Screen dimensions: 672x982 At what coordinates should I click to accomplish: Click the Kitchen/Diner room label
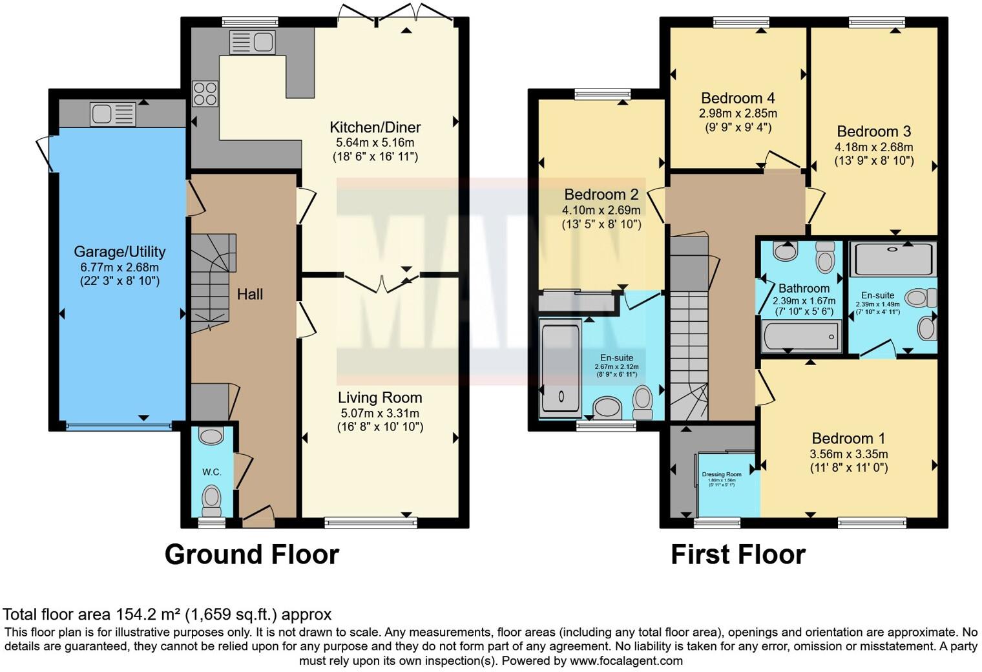pos(375,127)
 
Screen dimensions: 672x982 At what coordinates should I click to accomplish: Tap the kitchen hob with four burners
pos(205,94)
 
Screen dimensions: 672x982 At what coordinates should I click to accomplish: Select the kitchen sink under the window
pos(252,42)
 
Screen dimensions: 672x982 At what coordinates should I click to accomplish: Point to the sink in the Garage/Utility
pos(114,114)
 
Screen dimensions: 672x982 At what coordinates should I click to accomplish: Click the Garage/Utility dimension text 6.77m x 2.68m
pos(120,267)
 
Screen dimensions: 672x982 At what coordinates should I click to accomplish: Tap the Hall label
pos(249,295)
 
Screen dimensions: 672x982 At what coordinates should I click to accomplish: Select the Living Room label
pos(380,398)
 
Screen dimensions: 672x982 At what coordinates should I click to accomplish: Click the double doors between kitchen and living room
pos(381,282)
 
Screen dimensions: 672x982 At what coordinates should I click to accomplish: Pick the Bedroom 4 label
pos(738,98)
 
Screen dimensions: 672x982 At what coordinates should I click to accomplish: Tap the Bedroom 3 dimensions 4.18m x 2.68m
pos(873,147)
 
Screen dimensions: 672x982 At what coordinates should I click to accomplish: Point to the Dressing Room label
pos(722,474)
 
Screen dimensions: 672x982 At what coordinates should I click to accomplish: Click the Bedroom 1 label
pos(848,438)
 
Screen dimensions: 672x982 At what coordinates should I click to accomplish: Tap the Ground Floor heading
pos(251,554)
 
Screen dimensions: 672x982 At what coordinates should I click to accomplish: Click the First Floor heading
pos(738,554)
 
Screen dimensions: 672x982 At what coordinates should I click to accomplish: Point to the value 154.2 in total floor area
pos(133,614)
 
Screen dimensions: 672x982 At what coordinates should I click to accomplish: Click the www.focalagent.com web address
pos(625,660)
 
